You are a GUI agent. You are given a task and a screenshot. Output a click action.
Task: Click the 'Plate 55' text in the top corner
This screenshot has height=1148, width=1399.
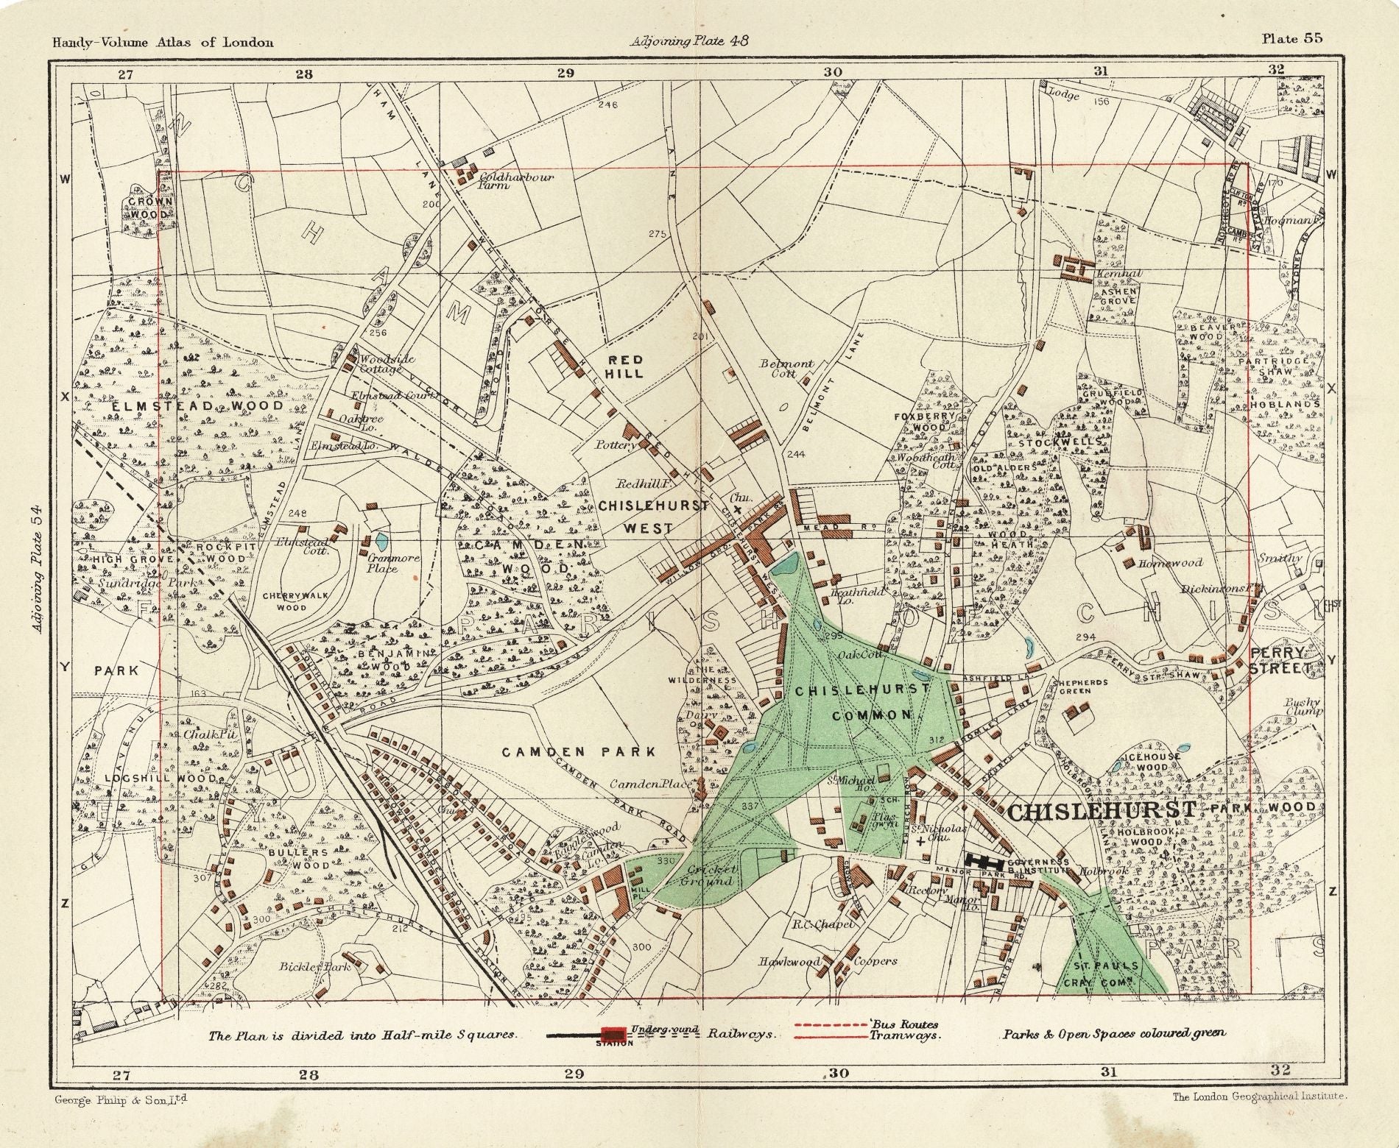click(1291, 40)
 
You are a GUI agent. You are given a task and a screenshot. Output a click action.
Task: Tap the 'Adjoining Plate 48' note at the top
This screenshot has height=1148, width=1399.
click(689, 41)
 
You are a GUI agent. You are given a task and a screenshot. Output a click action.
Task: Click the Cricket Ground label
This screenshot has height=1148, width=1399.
click(706, 875)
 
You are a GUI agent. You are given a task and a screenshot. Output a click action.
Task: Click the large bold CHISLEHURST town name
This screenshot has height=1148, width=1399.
click(1101, 811)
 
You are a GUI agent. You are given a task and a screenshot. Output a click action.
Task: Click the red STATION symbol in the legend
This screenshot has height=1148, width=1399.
click(613, 1034)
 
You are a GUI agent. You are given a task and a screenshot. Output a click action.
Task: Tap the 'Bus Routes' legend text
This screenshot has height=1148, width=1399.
click(903, 1024)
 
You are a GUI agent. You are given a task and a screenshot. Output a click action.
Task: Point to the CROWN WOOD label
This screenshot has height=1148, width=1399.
click(150, 208)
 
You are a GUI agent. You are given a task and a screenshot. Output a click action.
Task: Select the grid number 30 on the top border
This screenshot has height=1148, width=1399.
click(832, 72)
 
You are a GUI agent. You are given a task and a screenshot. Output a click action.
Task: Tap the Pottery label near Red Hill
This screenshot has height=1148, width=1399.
click(617, 445)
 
